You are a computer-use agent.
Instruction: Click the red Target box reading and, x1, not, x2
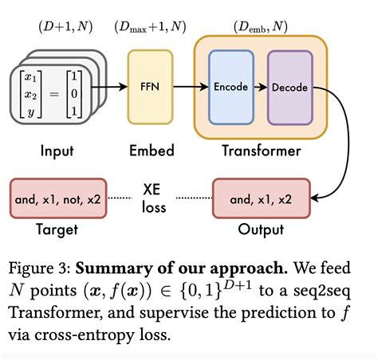pos(54,198)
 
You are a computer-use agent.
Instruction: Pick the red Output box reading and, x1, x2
pos(261,198)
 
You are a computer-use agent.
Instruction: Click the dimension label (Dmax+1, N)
pos(150,27)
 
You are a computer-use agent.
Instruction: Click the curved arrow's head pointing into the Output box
pos(315,198)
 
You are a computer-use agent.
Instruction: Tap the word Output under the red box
pos(261,229)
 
